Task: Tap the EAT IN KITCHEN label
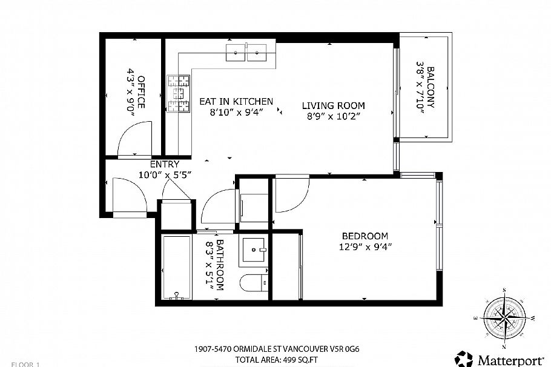click(x=236, y=102)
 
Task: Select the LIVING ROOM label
click(x=333, y=106)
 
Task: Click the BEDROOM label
click(x=365, y=236)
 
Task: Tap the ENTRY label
click(x=165, y=164)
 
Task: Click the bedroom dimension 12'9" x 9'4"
click(x=365, y=246)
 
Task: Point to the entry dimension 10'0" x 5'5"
click(x=165, y=174)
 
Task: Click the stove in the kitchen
click(x=178, y=93)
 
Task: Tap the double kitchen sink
click(x=248, y=53)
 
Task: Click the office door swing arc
click(x=134, y=138)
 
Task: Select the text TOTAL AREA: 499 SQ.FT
click(x=275, y=360)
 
